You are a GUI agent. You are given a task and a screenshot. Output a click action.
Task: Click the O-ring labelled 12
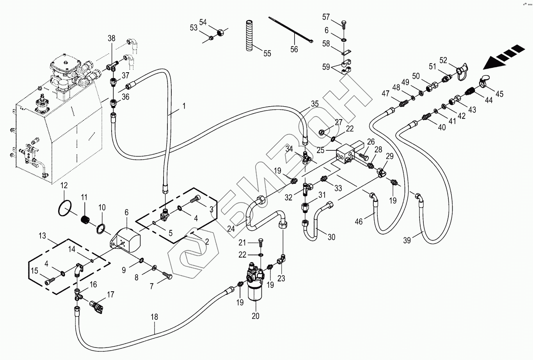65,209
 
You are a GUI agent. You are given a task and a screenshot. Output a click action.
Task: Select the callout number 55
267,53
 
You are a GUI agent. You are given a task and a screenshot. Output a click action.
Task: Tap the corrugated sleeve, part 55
251,36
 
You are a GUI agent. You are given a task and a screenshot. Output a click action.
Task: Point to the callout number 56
294,49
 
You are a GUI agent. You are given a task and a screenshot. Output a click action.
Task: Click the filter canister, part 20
255,287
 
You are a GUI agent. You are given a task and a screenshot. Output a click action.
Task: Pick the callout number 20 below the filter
256,316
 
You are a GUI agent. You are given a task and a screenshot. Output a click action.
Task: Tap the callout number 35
315,104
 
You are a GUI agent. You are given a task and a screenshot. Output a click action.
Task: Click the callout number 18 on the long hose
155,317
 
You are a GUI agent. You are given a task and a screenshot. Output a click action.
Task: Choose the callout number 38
111,38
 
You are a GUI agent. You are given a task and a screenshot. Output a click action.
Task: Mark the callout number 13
42,236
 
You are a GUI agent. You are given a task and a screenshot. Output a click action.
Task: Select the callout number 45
499,94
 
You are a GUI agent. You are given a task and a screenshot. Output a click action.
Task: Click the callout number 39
407,240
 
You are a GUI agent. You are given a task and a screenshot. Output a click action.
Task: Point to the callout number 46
359,222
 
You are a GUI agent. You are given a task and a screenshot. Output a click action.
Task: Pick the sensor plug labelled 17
96,307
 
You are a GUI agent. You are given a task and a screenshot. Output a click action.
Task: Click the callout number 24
231,229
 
